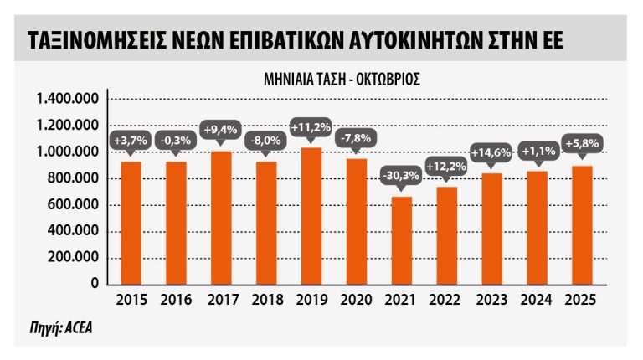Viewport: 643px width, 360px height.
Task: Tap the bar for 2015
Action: click(x=131, y=223)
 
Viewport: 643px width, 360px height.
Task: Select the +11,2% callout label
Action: click(x=311, y=127)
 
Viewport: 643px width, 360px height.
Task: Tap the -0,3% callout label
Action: click(x=176, y=141)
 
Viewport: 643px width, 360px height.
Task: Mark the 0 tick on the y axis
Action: click(x=96, y=285)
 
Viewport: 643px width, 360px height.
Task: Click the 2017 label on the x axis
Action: click(x=221, y=301)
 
